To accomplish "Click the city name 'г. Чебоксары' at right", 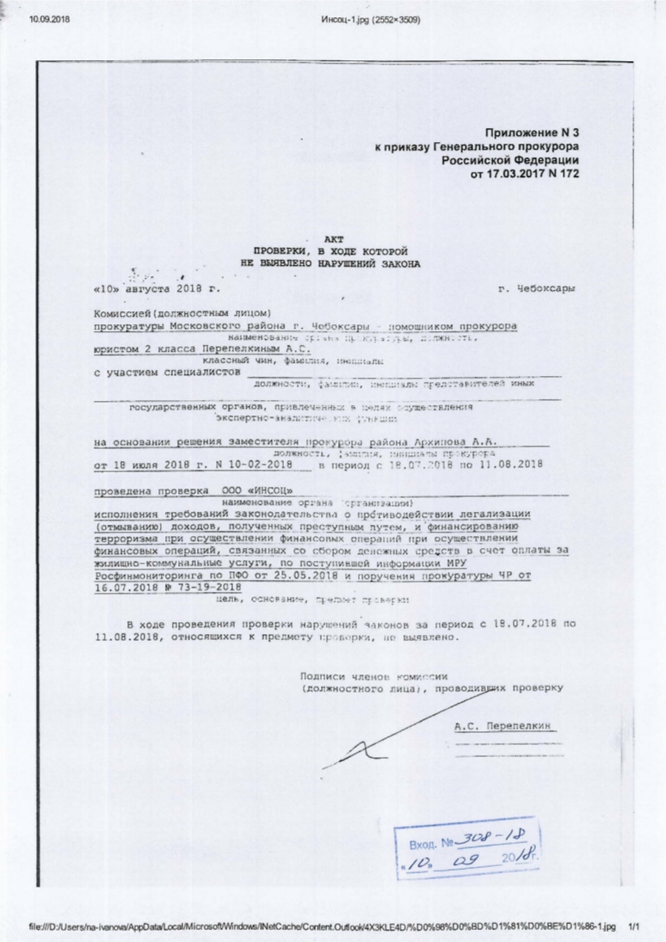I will [x=538, y=289].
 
